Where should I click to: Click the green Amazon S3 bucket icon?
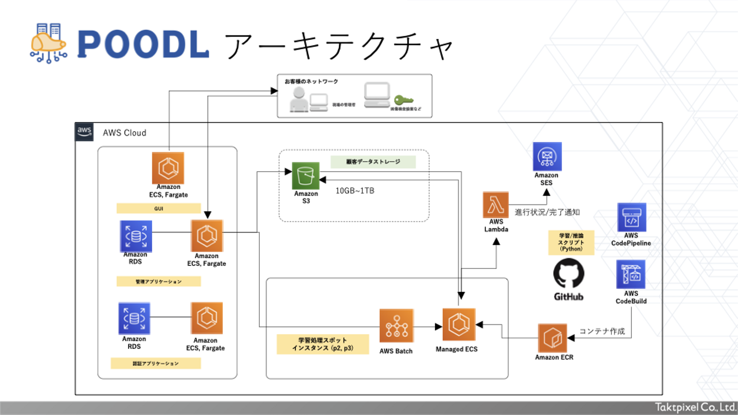[306, 176]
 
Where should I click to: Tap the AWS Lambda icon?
[496, 204]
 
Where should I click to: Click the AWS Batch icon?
[397, 325]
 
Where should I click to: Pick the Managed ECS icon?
[459, 324]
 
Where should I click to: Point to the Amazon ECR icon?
[552, 338]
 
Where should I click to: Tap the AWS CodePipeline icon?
[631, 217]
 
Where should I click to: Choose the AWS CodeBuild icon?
[631, 274]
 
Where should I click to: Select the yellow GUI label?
[158, 209]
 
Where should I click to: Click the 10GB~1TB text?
[355, 191]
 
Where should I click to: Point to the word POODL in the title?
[143, 45]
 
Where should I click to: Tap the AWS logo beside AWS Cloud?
[85, 132]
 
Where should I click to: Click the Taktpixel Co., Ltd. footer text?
[695, 408]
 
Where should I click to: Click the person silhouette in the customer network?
[299, 99]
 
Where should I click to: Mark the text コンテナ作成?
[602, 331]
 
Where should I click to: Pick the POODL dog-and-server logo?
[49, 43]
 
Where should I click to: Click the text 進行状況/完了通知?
[547, 212]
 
